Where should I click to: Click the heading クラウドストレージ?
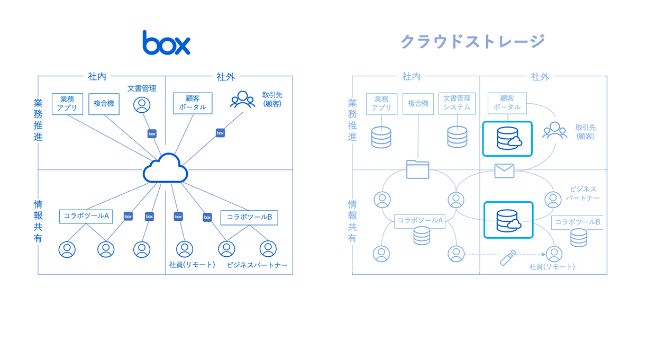click(x=472, y=41)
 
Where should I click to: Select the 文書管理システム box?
click(x=457, y=103)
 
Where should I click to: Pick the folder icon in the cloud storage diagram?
click(x=417, y=169)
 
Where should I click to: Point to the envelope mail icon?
click(x=504, y=170)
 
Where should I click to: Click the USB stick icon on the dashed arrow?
click(x=508, y=258)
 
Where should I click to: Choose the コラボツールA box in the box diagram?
click(x=86, y=216)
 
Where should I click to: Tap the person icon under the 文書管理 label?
click(x=142, y=105)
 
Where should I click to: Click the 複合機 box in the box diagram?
click(x=104, y=104)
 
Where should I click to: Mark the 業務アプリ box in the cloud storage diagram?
click(x=381, y=103)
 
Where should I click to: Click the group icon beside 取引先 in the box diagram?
click(x=242, y=100)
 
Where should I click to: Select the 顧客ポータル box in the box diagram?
click(x=193, y=103)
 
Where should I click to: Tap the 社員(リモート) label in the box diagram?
click(x=192, y=265)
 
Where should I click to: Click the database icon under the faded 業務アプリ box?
click(x=381, y=137)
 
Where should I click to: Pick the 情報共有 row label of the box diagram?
click(x=38, y=221)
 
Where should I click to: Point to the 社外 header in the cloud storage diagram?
click(x=540, y=77)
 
